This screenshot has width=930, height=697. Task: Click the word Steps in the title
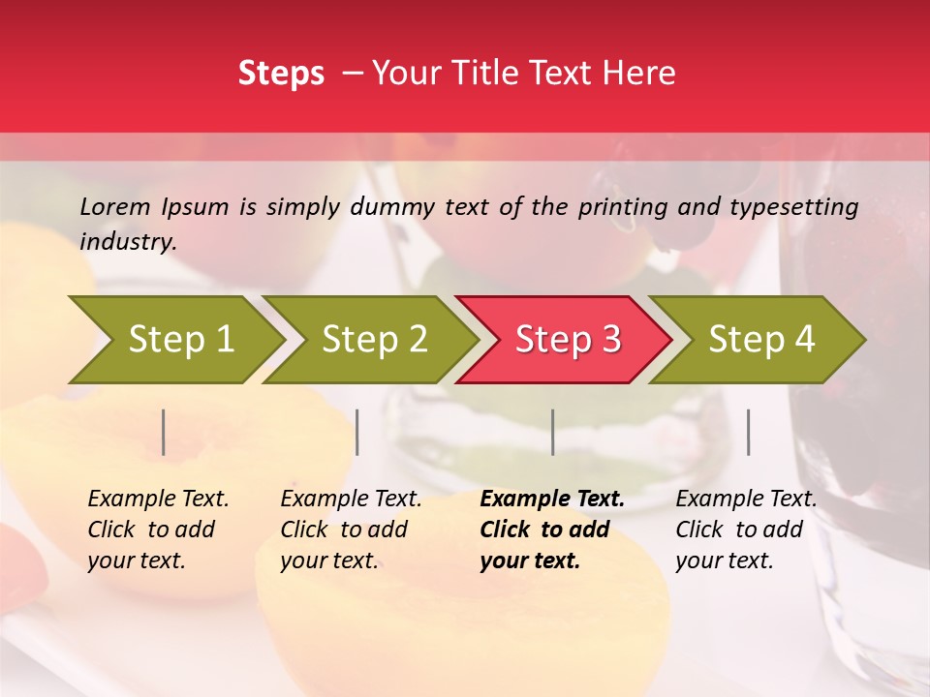tap(281, 74)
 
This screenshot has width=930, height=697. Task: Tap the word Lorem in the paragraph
tap(115, 206)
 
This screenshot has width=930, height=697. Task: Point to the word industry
tap(128, 242)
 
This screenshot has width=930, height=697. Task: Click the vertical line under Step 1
tap(164, 433)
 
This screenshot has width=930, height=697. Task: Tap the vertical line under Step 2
tap(357, 433)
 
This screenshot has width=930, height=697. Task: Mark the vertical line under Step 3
tap(552, 433)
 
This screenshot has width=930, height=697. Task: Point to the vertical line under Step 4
tap(748, 433)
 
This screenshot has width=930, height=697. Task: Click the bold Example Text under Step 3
tap(552, 500)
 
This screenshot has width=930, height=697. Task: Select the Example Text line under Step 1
tap(158, 500)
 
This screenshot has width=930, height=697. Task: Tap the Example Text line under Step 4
tap(746, 500)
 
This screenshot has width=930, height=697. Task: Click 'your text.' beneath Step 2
tap(328, 561)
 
